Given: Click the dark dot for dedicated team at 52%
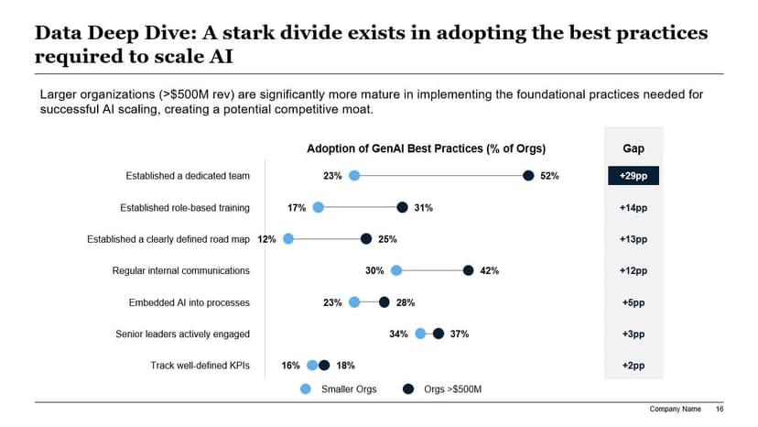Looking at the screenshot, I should (x=528, y=176).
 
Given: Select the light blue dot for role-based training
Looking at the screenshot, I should (x=319, y=208).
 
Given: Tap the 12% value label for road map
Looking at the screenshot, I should (x=267, y=239).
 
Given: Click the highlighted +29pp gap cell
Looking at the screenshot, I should (x=633, y=176).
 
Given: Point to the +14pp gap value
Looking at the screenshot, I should (x=633, y=208).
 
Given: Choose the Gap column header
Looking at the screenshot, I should (x=633, y=148).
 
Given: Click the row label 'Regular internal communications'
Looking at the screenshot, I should (x=180, y=271).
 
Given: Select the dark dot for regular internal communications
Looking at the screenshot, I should (x=469, y=270).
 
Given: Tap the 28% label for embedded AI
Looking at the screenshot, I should (x=406, y=302).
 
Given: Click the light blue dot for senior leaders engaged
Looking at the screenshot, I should (x=421, y=334).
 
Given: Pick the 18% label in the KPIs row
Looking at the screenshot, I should (x=345, y=366).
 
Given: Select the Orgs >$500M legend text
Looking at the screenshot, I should (x=452, y=389).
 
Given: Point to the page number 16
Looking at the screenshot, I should (x=720, y=409).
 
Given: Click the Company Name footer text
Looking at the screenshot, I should (x=675, y=409).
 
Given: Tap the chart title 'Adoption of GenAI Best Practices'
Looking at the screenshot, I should (x=426, y=148).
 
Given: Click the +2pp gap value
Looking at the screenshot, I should (x=633, y=366).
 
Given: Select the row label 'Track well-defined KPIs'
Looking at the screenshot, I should (x=200, y=366).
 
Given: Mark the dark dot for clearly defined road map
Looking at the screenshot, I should (x=366, y=239).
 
